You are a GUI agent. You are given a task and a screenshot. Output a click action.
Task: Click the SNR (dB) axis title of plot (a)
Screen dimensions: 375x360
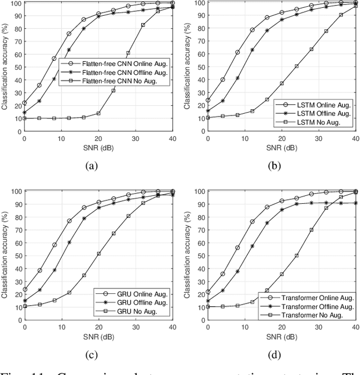click(x=98, y=146)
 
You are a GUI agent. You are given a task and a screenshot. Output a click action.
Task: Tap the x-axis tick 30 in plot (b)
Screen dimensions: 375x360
click(x=319, y=139)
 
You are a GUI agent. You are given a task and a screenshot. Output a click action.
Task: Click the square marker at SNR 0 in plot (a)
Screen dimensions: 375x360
click(x=24, y=118)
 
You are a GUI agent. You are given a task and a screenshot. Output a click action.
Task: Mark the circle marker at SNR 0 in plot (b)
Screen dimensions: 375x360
click(x=208, y=100)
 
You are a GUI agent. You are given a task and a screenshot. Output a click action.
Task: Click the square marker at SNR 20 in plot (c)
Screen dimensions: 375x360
click(x=98, y=254)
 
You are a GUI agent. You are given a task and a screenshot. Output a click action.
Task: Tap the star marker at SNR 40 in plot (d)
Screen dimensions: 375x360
click(x=356, y=203)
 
